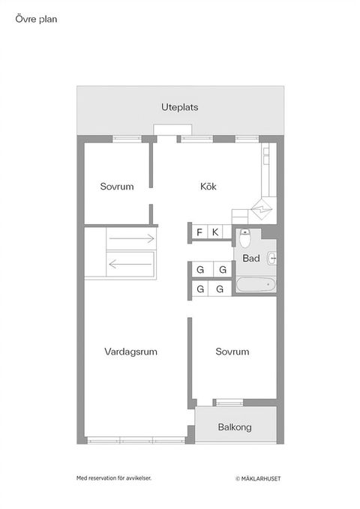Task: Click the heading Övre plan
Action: coord(36,20)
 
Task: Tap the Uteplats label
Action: coord(180,107)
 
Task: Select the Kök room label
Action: coord(208,187)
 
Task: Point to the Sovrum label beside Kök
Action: coord(117,187)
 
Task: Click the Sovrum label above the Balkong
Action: coord(232,352)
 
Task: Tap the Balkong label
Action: coord(235,427)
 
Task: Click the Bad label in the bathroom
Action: coord(252,259)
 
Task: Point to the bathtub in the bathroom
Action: coord(256,285)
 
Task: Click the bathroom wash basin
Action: coord(272,259)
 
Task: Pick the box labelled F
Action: coord(199,232)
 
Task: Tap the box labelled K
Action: coord(215,232)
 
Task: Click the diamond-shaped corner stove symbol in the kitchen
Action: coord(263,206)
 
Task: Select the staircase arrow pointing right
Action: coord(132,239)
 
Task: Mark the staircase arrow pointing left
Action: coord(132,263)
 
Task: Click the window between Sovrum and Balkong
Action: coord(229,403)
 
